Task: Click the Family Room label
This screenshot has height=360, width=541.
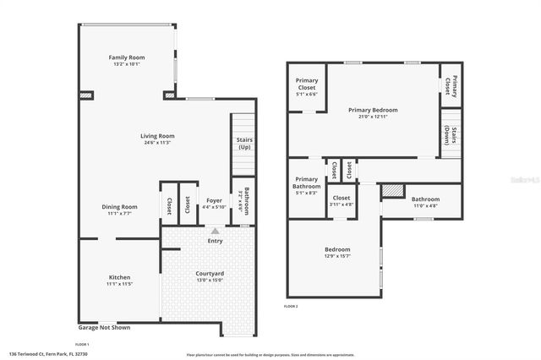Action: [x=127, y=57]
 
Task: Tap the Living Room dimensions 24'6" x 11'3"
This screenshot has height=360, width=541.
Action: [x=157, y=143]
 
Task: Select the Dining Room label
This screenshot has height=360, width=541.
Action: [x=119, y=206]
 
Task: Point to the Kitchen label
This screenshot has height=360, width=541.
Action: [x=119, y=277]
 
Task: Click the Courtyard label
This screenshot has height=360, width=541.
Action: [x=210, y=273]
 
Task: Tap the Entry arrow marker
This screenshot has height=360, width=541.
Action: [x=215, y=230]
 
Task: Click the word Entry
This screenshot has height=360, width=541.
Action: [x=215, y=241]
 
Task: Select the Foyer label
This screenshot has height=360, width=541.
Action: [x=213, y=201]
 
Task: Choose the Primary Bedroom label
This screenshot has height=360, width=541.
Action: [x=373, y=110]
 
